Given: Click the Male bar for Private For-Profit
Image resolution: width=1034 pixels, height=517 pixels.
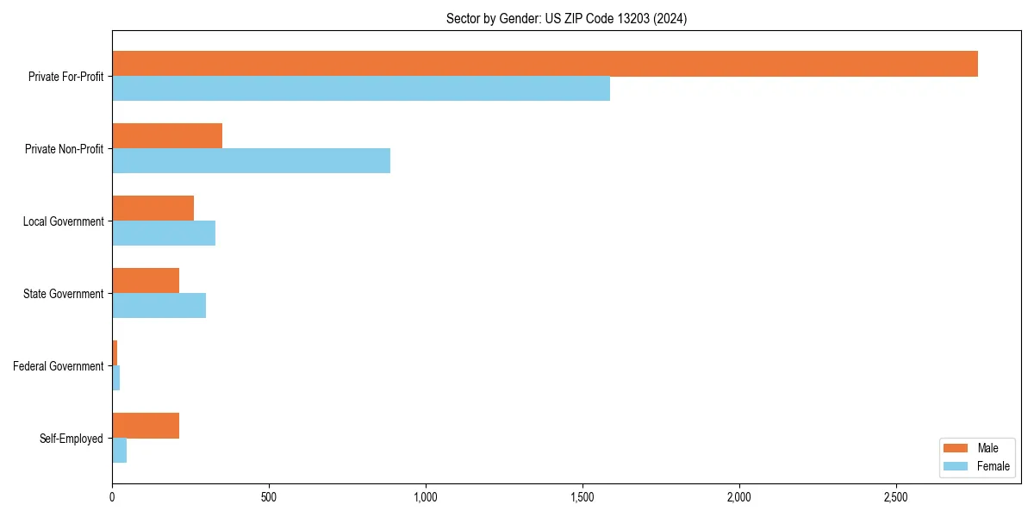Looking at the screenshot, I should pos(545,64).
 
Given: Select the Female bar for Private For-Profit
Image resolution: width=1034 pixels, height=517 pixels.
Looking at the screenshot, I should pos(361,89).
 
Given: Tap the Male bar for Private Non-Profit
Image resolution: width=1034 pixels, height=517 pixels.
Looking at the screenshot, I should pos(167,136).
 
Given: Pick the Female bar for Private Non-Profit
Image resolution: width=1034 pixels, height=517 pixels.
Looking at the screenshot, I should pos(251,161).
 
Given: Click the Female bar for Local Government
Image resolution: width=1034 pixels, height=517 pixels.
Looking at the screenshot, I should pos(164,234).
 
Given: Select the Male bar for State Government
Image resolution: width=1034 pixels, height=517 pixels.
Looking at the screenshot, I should pos(146,281).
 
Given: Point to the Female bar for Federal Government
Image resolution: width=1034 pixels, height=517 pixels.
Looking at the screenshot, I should pos(116,378).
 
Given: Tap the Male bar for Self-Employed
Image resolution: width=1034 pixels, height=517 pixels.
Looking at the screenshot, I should pos(146,426).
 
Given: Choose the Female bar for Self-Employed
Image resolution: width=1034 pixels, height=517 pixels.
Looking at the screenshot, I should pos(120,451).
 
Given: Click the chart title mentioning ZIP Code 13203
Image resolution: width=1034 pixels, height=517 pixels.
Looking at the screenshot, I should pos(566,18).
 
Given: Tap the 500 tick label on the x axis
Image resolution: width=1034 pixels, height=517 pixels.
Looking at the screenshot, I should pos(269,497).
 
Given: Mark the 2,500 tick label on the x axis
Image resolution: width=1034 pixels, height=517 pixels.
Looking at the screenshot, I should pos(896,497).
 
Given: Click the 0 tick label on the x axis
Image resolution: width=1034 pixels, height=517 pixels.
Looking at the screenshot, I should pos(112,497).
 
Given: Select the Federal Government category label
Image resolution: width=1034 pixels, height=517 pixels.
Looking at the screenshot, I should pos(58,366).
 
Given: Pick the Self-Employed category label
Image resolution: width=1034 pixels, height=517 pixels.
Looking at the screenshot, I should pos(72,439).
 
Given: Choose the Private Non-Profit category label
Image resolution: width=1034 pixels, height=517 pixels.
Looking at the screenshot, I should pos(64,149).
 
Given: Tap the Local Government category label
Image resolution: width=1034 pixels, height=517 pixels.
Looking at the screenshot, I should pos(63,221).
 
